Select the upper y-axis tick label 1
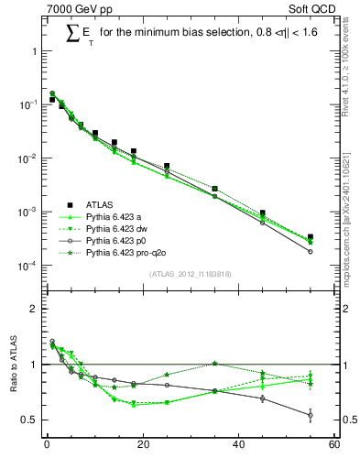tap(36, 51)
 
